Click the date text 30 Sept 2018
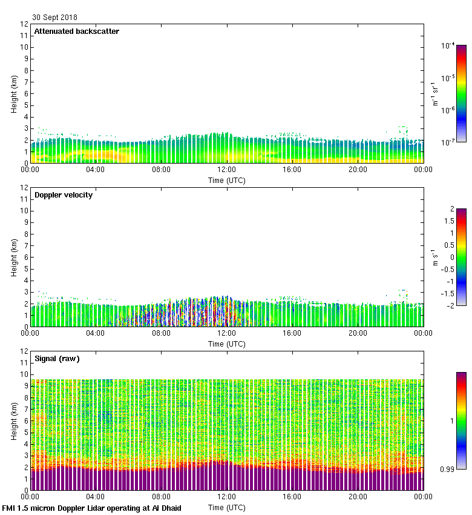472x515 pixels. pos(55,18)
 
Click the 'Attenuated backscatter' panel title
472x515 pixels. pos(77,32)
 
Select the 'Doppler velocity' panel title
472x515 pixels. pos(64,195)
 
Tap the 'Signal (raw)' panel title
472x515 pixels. pos(57,359)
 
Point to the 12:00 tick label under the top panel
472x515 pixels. pos(227,170)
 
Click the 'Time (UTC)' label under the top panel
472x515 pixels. pos(227,180)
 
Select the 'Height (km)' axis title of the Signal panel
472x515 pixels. pos(13,420)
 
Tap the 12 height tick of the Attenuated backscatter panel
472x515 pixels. pos(24,24)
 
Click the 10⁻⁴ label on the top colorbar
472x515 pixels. pos(448,45)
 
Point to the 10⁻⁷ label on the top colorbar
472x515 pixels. pos(448,142)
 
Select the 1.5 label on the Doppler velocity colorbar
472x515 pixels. pos(448,221)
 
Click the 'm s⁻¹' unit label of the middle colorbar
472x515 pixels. pos(434,257)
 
